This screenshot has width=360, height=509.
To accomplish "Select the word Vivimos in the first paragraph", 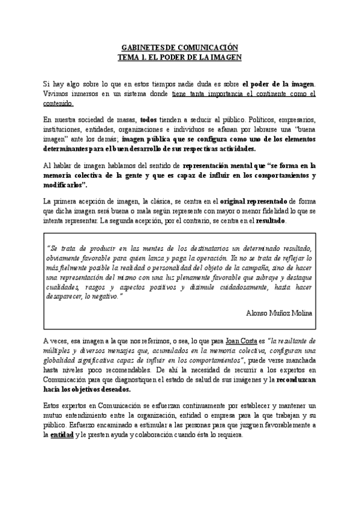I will (58, 94).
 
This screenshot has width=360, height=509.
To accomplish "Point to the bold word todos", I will (148, 120).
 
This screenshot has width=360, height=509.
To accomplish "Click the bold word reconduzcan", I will (298, 380).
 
